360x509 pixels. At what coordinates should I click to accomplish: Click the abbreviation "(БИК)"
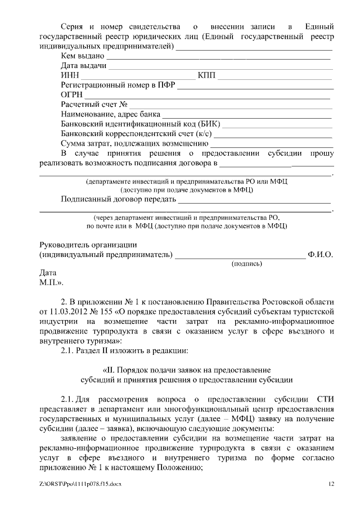(x=209, y=124)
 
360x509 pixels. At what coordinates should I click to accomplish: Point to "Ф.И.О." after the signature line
(x=321, y=254)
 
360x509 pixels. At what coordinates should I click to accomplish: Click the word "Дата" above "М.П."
(x=48, y=272)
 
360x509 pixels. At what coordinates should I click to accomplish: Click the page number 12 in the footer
(x=331, y=483)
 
